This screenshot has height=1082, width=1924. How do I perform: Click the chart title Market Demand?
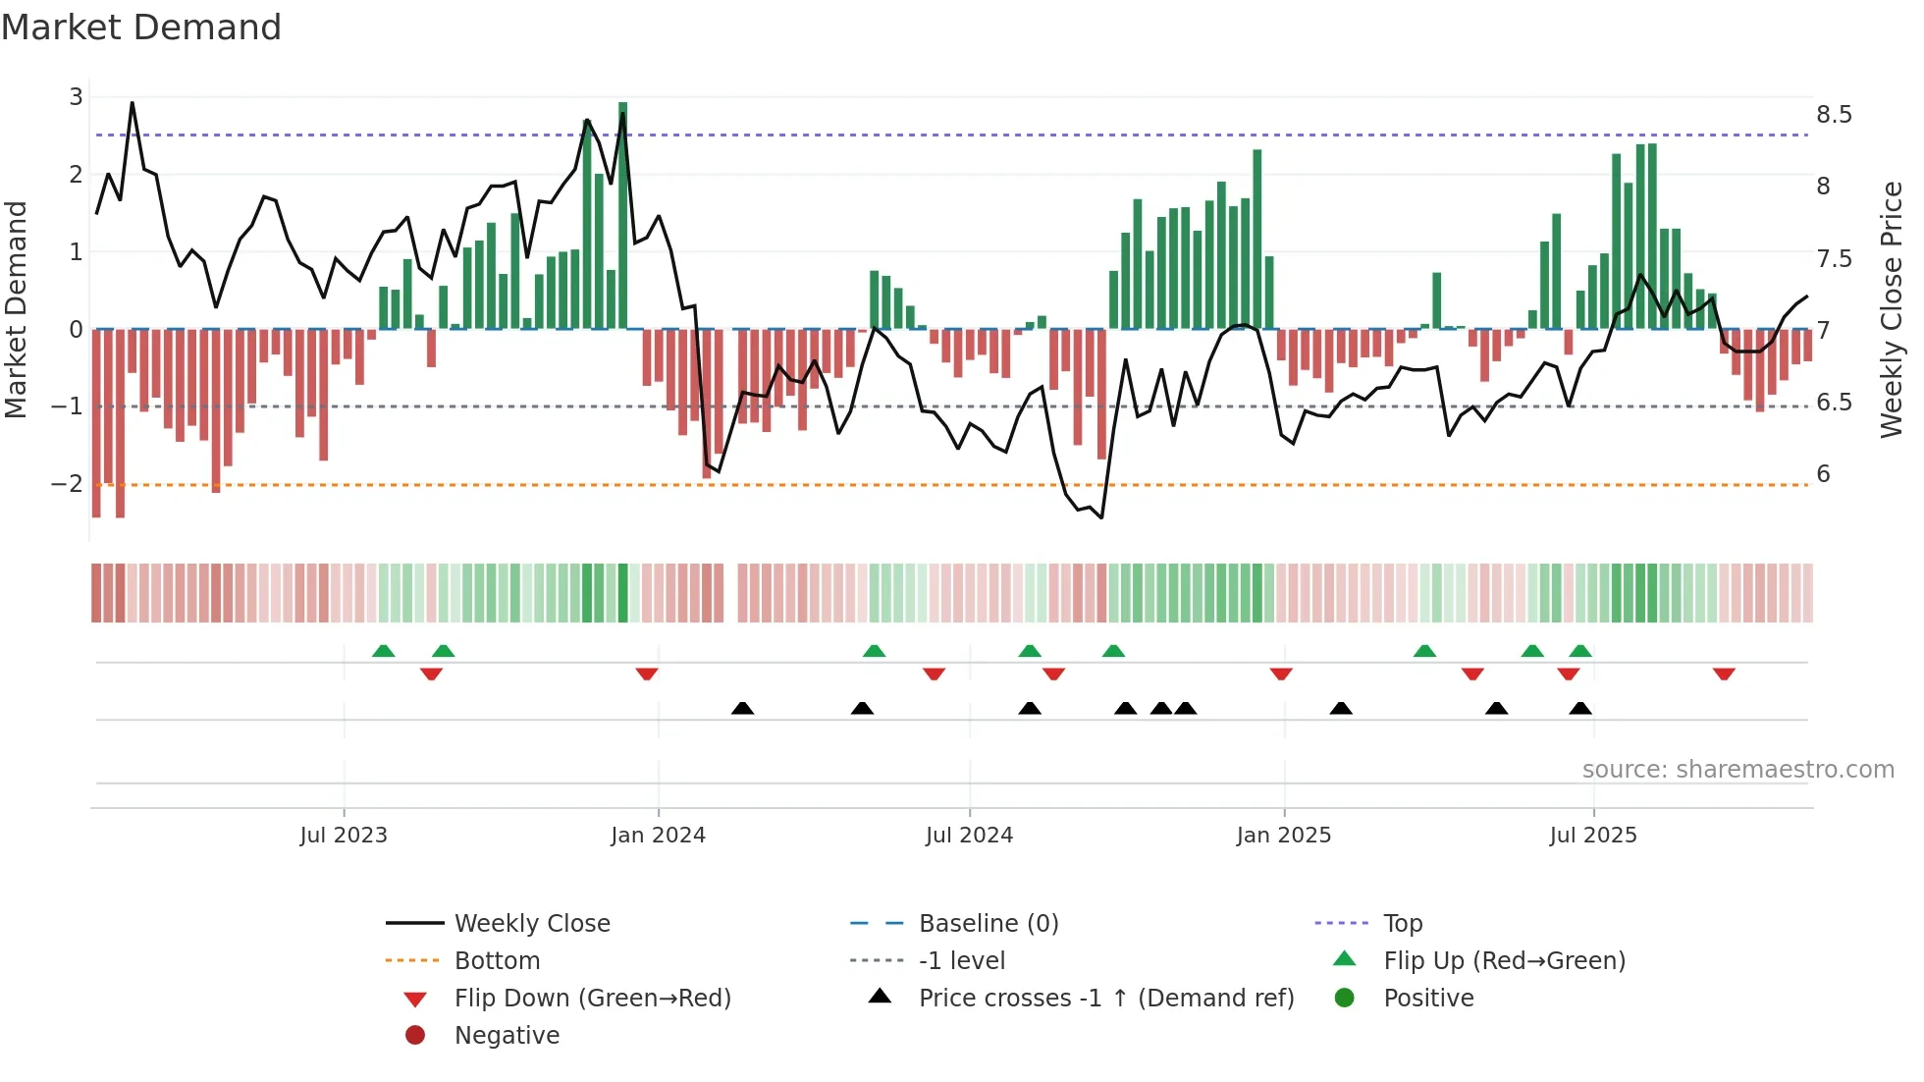[141, 27]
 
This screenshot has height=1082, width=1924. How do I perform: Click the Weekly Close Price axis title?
[1891, 309]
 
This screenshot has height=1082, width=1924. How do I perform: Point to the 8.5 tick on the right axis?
[1833, 115]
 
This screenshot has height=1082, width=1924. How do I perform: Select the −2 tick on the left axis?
[67, 483]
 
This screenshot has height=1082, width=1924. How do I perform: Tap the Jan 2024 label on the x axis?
[658, 836]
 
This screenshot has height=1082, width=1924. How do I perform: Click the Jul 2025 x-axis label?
[1592, 836]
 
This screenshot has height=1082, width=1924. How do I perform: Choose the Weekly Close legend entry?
[531, 924]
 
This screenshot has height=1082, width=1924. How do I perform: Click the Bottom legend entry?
[497, 961]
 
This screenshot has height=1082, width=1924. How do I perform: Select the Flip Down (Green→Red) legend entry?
[592, 999]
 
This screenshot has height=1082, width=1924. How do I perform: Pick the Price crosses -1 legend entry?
[1105, 999]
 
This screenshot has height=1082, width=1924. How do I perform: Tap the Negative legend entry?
[507, 1036]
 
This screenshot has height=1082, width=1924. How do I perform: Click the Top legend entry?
[1402, 924]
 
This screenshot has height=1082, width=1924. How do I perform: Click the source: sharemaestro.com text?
[1737, 770]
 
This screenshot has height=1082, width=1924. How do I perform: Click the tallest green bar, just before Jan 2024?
[622, 216]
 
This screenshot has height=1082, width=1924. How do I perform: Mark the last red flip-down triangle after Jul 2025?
[1724, 674]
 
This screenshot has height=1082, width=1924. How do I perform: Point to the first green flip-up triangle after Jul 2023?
[384, 651]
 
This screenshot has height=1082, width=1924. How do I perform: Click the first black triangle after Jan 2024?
[742, 708]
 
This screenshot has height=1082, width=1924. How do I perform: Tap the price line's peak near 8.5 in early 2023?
[132, 103]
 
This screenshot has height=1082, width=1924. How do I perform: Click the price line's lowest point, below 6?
[1101, 517]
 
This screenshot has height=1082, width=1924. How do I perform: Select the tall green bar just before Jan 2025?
[1256, 240]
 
